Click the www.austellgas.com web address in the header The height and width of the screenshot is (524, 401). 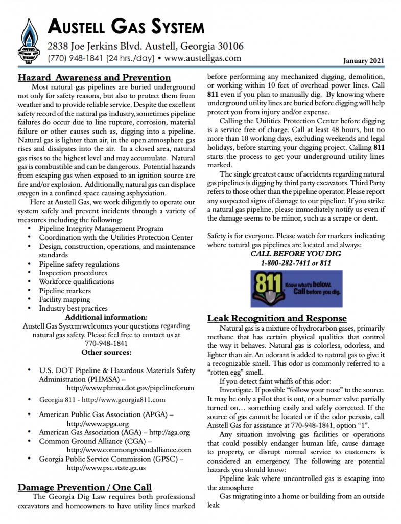203,58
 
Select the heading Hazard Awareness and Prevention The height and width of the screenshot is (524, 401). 94,78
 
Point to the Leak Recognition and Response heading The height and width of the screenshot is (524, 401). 277,318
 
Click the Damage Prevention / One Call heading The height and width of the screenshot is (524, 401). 85,487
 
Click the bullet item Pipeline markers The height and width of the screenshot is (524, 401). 65,291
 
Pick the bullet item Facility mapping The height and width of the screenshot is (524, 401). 65,299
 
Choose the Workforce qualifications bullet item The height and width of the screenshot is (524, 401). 77,281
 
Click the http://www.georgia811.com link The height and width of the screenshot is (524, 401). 124,400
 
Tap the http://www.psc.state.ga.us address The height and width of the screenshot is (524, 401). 106,468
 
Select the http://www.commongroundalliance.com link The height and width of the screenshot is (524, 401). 129,450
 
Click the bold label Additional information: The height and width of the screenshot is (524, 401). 106,317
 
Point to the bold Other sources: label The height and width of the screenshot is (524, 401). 106,352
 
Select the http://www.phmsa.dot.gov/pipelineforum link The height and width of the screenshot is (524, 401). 124,388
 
